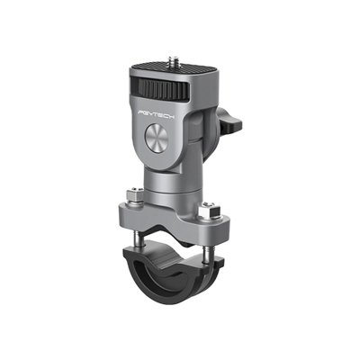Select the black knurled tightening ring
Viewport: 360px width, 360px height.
(169, 94)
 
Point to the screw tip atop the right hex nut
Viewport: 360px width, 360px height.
(208, 205)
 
